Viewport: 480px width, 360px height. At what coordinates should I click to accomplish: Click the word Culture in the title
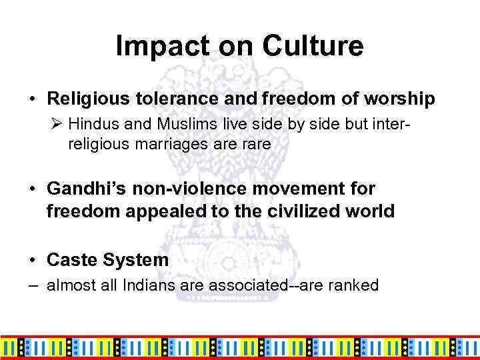point(313,47)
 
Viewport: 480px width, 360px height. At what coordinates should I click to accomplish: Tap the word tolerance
point(170,99)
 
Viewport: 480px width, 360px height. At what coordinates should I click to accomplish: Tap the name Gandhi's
point(83,189)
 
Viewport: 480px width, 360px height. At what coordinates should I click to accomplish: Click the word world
point(373,212)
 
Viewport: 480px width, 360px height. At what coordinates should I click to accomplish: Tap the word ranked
point(355,286)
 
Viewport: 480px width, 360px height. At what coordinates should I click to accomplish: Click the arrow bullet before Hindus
point(57,124)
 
